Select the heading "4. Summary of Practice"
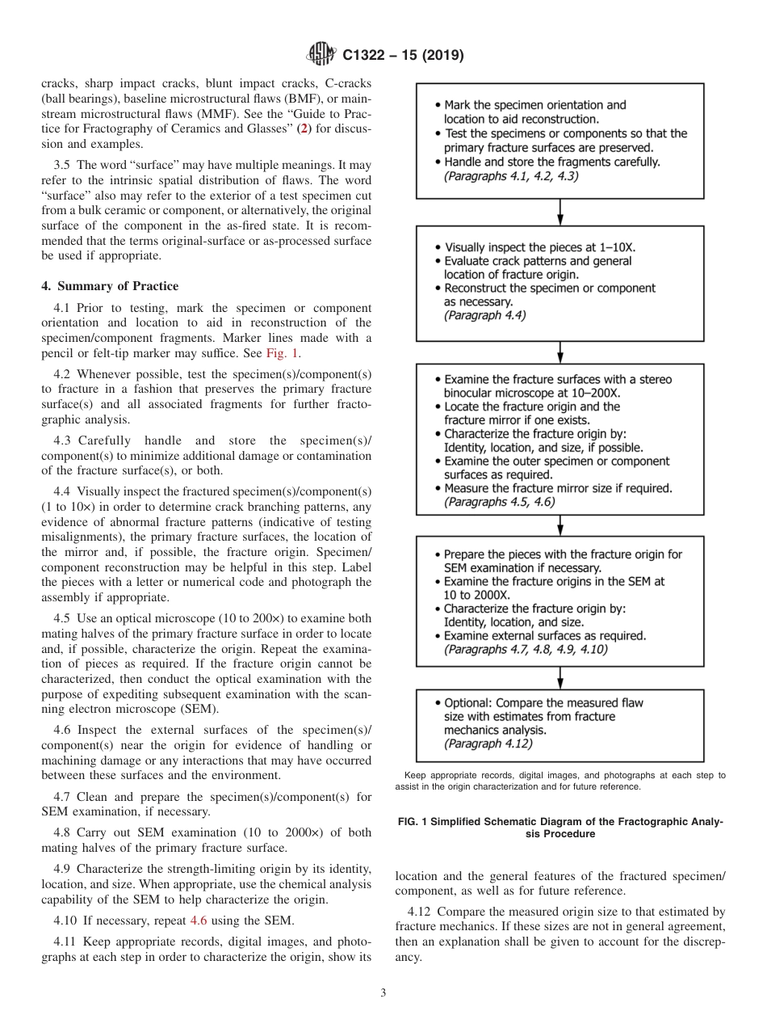tap(110, 286)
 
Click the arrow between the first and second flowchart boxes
tap(560, 212)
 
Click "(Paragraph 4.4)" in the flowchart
tap(484, 315)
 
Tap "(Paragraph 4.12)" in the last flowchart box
tap(488, 744)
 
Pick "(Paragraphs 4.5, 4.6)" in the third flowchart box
tap(499, 502)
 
